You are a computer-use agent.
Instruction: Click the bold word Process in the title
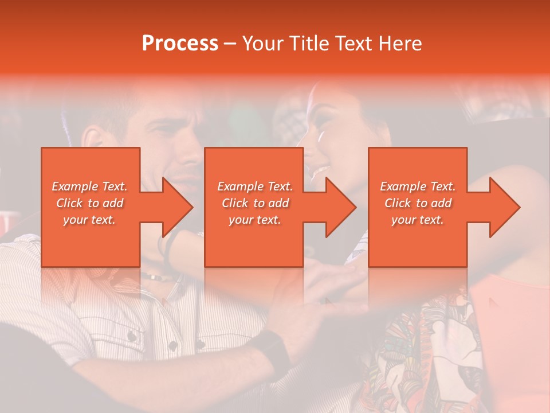pyautogui.click(x=180, y=44)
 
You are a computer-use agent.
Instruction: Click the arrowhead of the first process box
pyautogui.click(x=178, y=207)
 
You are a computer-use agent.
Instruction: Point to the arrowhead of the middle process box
pyautogui.click(x=341, y=207)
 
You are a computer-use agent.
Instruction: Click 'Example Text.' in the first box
pyautogui.click(x=90, y=186)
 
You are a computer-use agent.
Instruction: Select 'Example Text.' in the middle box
pyautogui.click(x=255, y=186)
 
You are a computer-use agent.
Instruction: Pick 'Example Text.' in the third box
pyautogui.click(x=418, y=186)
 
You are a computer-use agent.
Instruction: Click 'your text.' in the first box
pyautogui.click(x=90, y=220)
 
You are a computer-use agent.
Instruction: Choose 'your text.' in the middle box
pyautogui.click(x=255, y=220)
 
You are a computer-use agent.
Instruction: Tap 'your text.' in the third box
pyautogui.click(x=418, y=220)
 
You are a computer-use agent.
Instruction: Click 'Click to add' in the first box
pyautogui.click(x=90, y=203)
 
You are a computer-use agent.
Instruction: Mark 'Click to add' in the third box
pyautogui.click(x=418, y=203)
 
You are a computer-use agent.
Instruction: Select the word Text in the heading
pyautogui.click(x=352, y=44)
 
